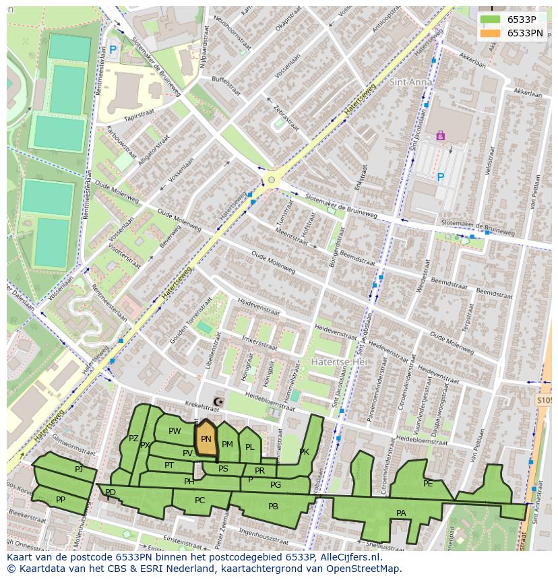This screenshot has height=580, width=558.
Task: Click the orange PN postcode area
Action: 206,439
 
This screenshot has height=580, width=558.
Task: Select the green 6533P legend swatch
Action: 490,20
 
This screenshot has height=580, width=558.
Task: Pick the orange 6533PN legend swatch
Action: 490,33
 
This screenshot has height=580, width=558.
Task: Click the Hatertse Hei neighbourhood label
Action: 335,362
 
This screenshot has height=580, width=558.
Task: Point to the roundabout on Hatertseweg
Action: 272,180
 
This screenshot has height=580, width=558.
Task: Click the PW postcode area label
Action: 175,431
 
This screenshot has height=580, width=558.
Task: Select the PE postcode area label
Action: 428,483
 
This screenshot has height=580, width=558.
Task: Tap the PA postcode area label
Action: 401,513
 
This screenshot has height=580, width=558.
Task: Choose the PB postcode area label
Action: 273,507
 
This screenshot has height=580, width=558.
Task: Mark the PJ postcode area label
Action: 79,469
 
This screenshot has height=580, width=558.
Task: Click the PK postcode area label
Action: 304,452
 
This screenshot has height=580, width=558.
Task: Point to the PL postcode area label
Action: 249,447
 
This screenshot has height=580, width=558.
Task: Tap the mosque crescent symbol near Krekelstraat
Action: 217,402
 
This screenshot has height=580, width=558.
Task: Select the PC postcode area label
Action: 199,501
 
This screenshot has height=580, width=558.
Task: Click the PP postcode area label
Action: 61,500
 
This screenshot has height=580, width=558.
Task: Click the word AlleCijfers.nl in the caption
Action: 350,558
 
